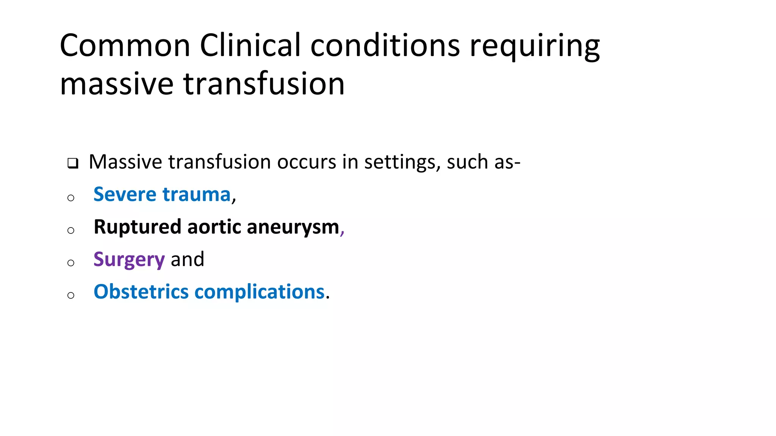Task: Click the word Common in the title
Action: click(x=125, y=45)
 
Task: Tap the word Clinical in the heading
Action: click(x=250, y=45)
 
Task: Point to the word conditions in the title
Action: click(x=385, y=45)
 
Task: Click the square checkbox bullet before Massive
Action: click(x=73, y=163)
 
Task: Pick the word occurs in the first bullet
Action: click(x=307, y=162)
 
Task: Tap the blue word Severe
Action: click(x=125, y=195)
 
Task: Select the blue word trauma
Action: click(x=196, y=195)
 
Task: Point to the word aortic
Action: click(x=214, y=227)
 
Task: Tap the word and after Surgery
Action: click(x=188, y=260)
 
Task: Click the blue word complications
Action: click(x=260, y=293)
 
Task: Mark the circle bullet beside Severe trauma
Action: click(x=71, y=198)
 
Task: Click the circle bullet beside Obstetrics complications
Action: click(x=71, y=295)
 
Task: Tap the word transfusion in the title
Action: click(x=264, y=84)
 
